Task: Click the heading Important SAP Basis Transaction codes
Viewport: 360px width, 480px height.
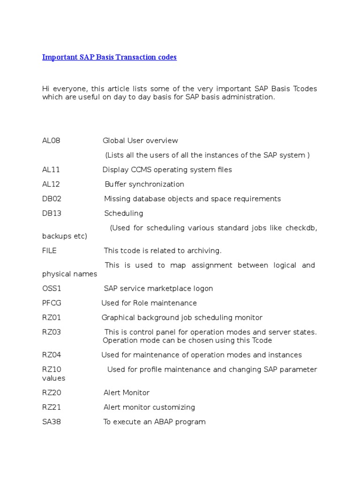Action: click(x=109, y=57)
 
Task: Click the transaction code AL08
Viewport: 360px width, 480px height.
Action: click(x=51, y=141)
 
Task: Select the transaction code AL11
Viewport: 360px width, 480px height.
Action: click(x=51, y=170)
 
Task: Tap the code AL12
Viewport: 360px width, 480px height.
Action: click(x=51, y=184)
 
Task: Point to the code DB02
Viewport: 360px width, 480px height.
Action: click(x=52, y=199)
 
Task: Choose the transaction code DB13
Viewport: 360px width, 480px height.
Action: click(x=52, y=213)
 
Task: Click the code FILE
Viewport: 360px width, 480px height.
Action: click(x=49, y=251)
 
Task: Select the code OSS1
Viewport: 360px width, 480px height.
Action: click(x=52, y=289)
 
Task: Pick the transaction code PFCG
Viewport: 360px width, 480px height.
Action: click(x=52, y=303)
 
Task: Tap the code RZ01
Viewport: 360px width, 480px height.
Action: click(x=52, y=318)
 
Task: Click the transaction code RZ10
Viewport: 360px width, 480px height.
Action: click(x=52, y=369)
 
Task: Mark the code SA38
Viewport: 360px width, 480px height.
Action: click(x=52, y=422)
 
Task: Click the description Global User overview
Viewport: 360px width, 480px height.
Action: click(x=140, y=141)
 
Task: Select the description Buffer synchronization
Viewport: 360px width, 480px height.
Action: click(x=144, y=184)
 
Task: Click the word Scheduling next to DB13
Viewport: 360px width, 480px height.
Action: click(x=123, y=213)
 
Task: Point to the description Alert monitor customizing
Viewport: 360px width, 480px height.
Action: click(x=149, y=407)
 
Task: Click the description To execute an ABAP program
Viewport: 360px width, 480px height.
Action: click(x=154, y=422)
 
